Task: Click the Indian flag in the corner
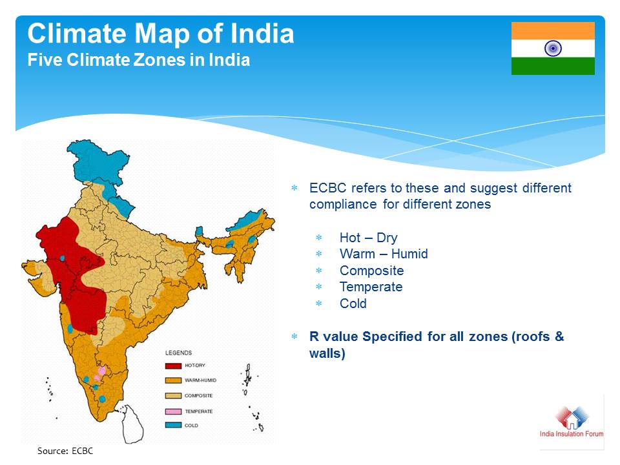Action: (553, 48)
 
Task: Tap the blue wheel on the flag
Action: (553, 48)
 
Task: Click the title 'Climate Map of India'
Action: (161, 34)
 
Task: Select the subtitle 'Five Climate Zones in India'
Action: (138, 60)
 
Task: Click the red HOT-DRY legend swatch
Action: (173, 366)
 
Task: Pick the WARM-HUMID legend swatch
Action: (173, 380)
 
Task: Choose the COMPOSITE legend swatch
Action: (173, 396)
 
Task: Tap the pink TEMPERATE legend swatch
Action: (173, 411)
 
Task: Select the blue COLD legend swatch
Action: (173, 426)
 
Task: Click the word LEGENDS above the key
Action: (178, 353)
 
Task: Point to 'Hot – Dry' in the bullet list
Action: (368, 238)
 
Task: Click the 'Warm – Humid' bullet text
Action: (384, 254)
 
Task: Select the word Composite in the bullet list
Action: (372, 271)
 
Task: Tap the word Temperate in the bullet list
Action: (371, 287)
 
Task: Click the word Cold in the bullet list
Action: (353, 304)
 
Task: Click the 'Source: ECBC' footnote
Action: (65, 451)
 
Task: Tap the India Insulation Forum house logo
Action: (572, 418)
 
